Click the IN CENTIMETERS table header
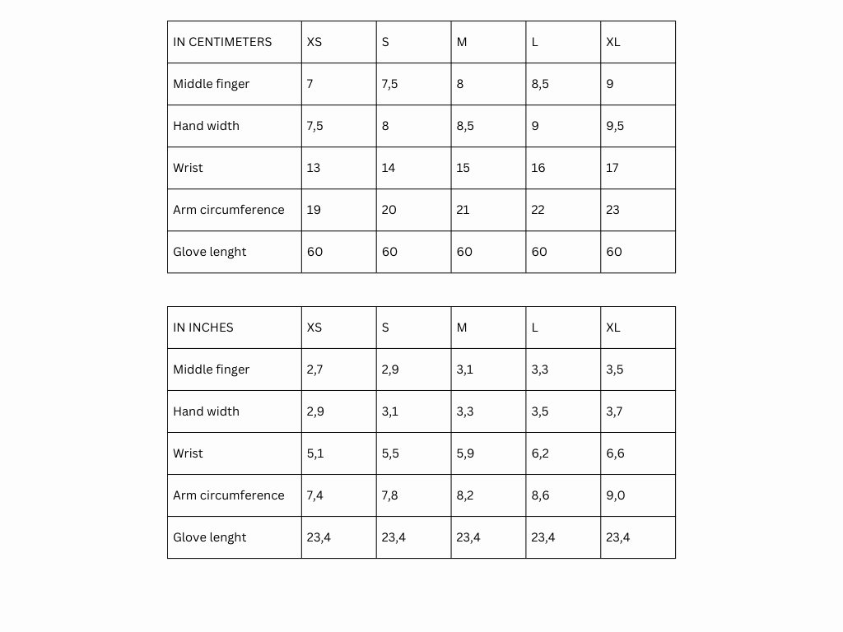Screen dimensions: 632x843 (x=222, y=42)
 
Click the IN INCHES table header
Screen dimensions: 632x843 (x=203, y=328)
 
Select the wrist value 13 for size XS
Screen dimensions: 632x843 (x=314, y=168)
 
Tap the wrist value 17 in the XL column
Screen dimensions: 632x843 (x=612, y=168)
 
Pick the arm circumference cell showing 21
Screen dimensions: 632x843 (x=463, y=210)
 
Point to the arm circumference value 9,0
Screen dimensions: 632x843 (x=615, y=495)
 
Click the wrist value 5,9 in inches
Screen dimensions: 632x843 (x=465, y=453)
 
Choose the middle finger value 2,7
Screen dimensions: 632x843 (x=314, y=369)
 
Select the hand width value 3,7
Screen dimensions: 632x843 (x=614, y=411)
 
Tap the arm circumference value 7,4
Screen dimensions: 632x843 (x=314, y=495)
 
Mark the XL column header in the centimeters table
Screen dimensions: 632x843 (x=613, y=42)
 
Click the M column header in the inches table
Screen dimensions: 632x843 (x=462, y=328)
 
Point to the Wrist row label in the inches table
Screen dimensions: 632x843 (x=188, y=453)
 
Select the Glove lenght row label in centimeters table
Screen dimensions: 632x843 (x=209, y=252)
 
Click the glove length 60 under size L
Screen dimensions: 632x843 (x=539, y=252)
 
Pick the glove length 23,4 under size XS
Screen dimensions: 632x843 (x=319, y=537)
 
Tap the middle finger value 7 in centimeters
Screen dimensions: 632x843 (x=310, y=84)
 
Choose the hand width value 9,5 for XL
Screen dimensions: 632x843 (x=615, y=126)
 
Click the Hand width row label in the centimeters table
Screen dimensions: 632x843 (x=206, y=126)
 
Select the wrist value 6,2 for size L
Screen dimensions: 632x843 (x=540, y=453)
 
